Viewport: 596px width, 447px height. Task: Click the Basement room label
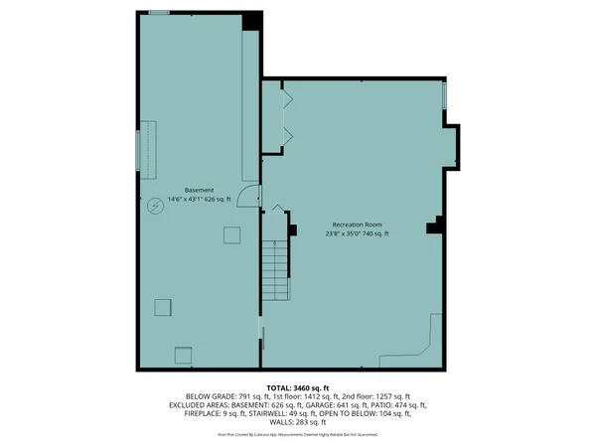point(199,190)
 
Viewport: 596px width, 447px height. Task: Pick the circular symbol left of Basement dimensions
point(155,207)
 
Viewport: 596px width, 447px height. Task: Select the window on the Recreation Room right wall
point(444,96)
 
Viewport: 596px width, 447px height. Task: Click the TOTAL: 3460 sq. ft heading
point(297,387)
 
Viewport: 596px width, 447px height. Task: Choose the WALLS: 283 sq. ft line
point(298,423)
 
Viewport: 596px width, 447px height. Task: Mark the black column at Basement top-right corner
point(252,19)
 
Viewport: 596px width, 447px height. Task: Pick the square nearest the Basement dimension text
point(231,234)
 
